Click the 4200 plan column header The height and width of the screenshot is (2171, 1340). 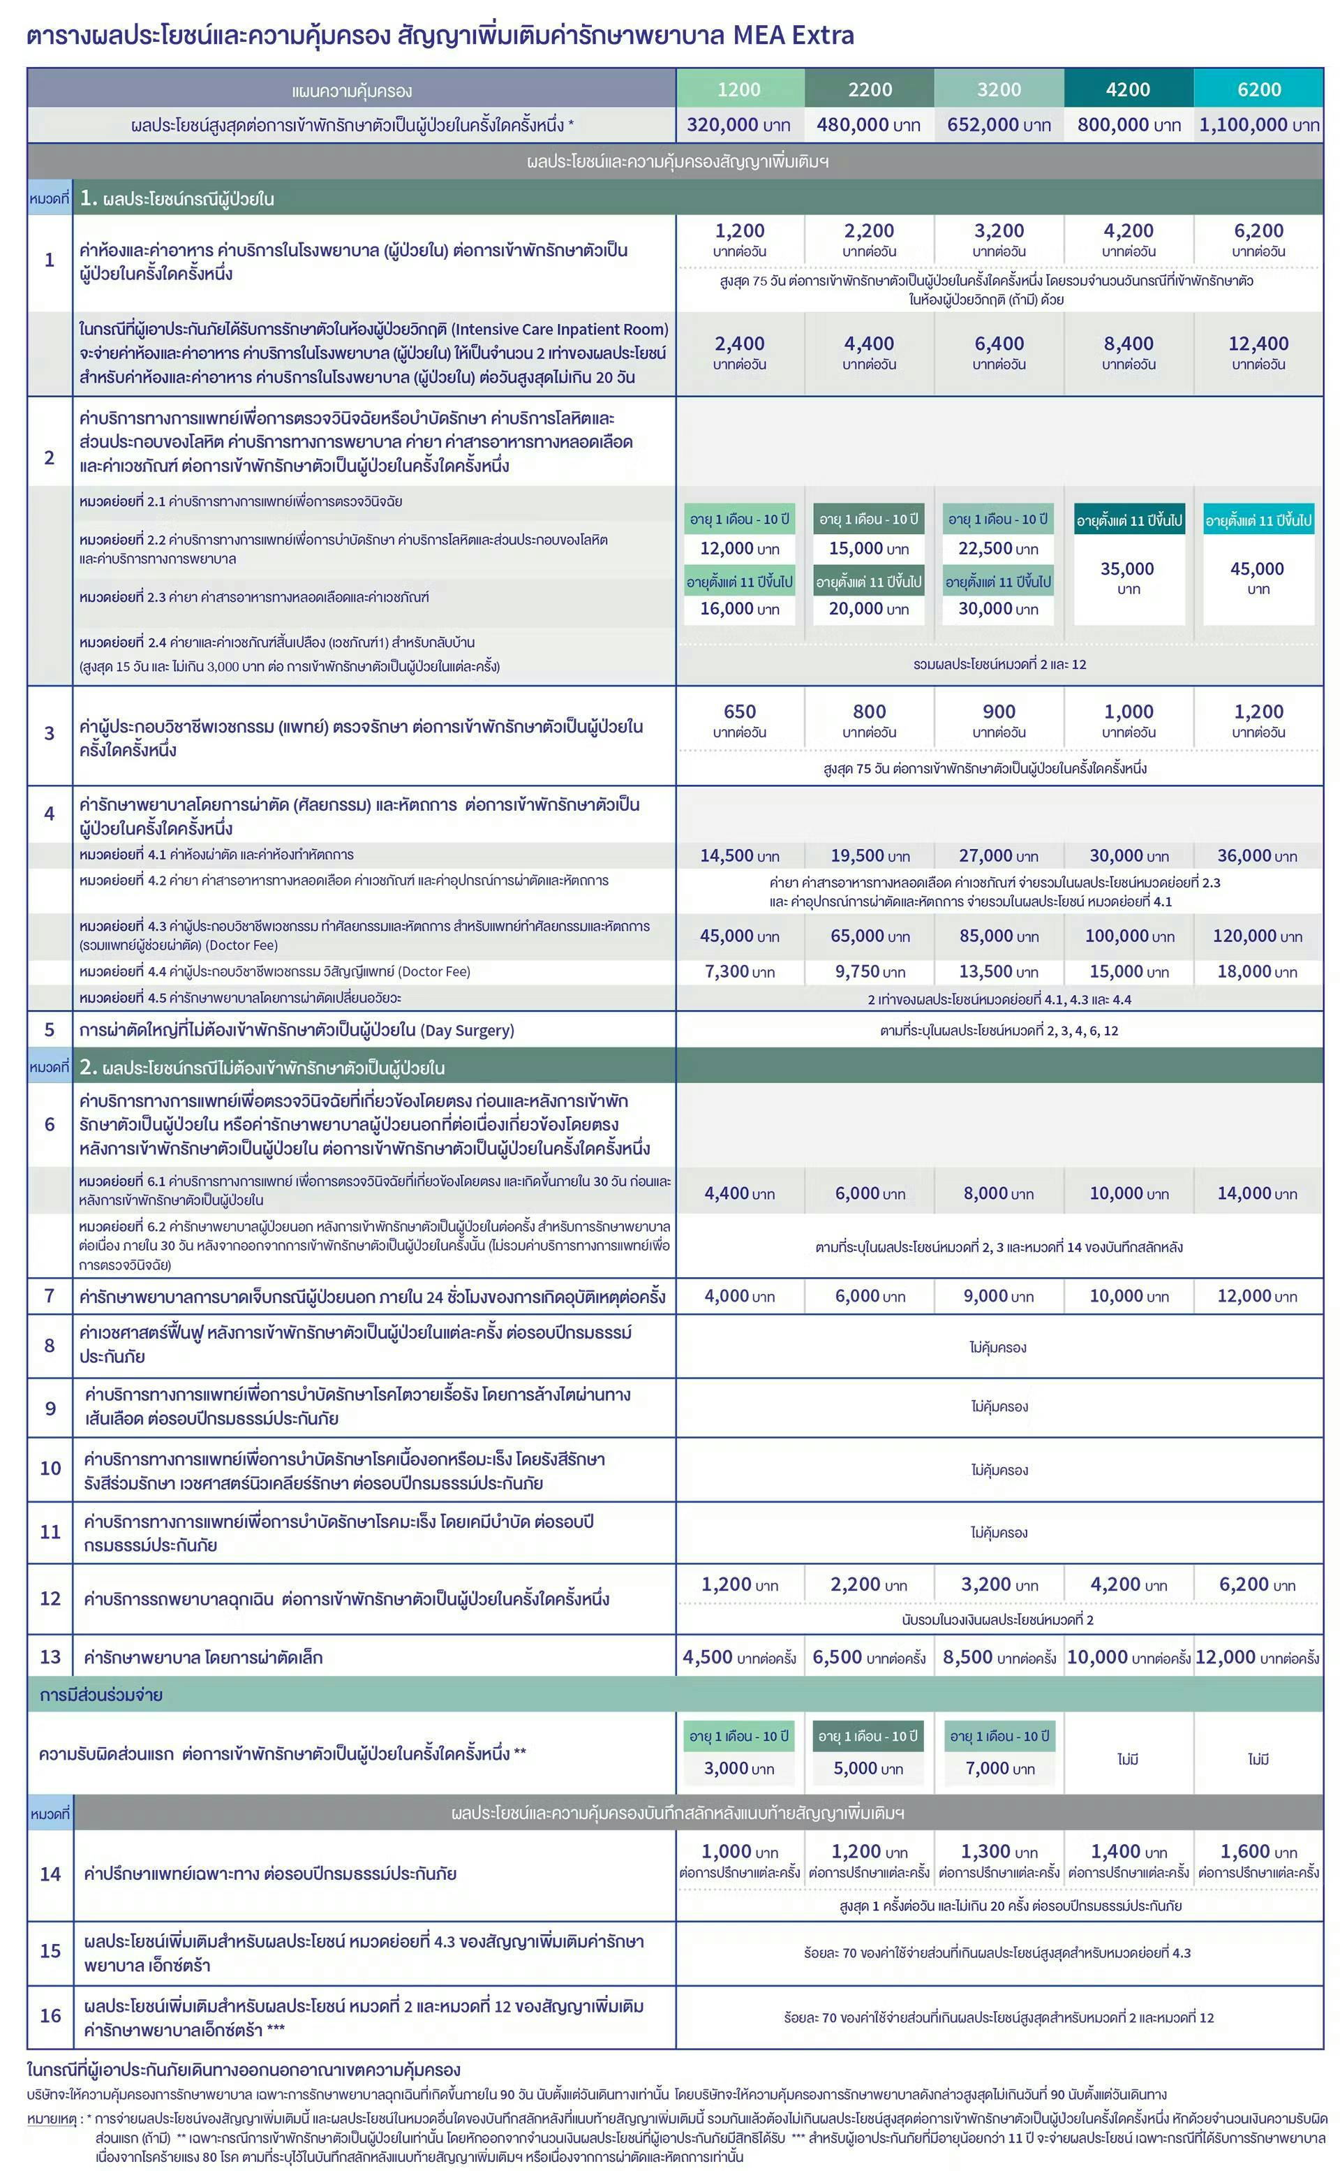(1129, 89)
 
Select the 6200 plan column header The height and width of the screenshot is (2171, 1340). (1258, 89)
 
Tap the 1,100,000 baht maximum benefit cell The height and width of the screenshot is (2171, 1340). (1258, 125)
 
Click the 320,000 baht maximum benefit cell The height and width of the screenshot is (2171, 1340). (739, 125)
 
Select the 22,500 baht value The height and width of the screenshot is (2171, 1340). (998, 549)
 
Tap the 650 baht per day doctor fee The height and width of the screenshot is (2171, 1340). (739, 712)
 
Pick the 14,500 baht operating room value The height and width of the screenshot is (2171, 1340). (739, 855)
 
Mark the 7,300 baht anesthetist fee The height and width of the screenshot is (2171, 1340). (739, 971)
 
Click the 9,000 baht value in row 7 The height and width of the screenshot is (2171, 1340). (998, 1296)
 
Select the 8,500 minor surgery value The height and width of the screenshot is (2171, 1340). (998, 1658)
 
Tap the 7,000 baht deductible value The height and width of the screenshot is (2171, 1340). (999, 1769)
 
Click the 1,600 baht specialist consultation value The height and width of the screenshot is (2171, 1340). (1258, 1852)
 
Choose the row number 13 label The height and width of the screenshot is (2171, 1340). (50, 1657)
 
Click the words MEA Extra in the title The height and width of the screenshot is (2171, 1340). (794, 36)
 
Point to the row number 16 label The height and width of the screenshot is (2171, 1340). (50, 2016)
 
